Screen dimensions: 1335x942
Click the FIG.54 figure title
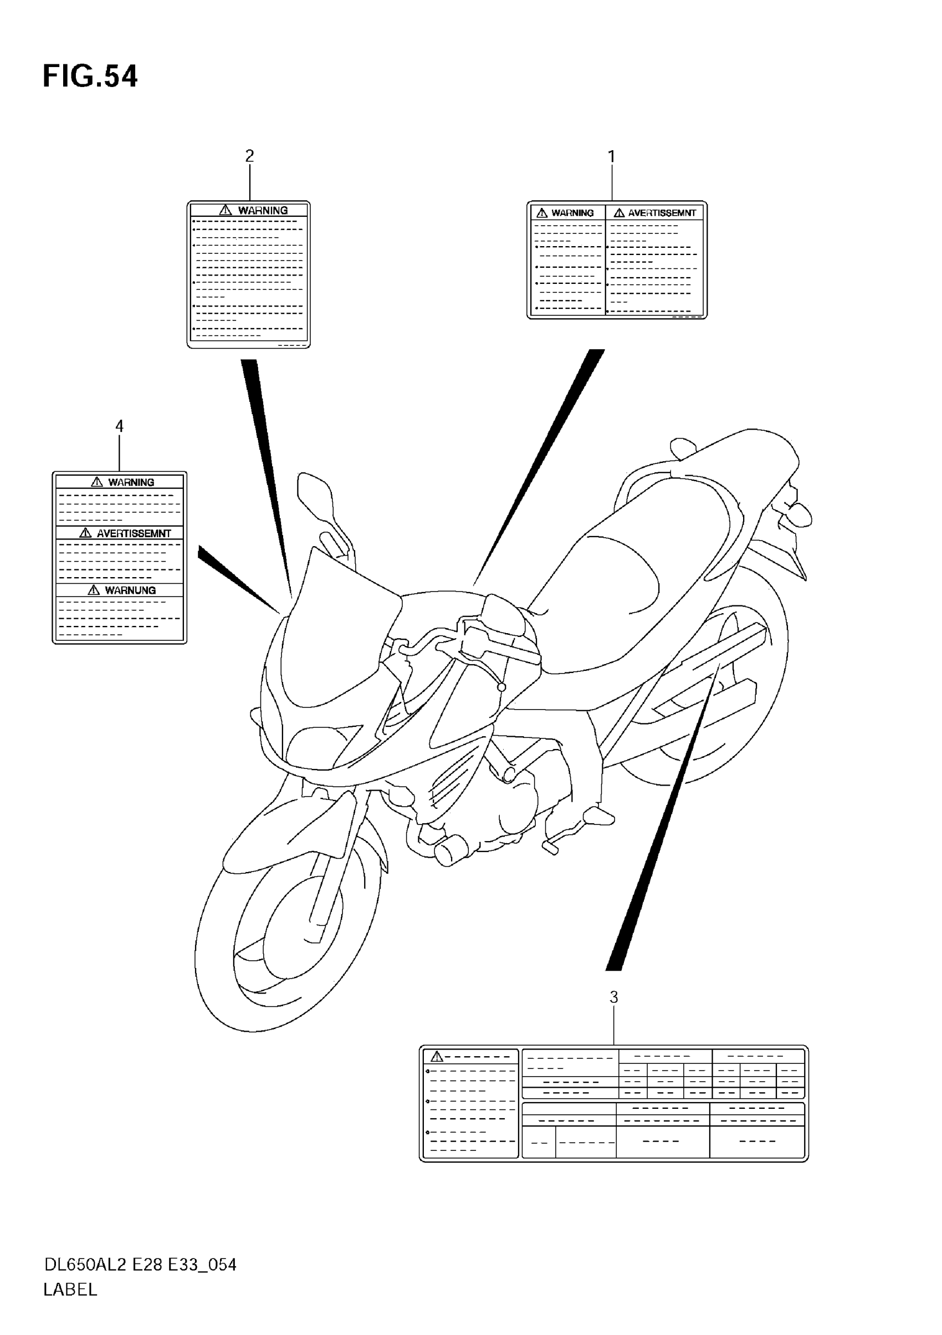(90, 77)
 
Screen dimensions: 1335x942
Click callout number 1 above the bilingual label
(611, 156)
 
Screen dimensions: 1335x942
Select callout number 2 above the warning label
(249, 156)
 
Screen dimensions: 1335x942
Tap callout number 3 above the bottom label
(613, 997)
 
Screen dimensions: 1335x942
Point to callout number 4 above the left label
(119, 426)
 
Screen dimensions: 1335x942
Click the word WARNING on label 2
(263, 211)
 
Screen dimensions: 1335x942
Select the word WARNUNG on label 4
(130, 590)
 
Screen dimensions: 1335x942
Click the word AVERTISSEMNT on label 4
(134, 533)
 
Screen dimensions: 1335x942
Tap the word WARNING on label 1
(572, 213)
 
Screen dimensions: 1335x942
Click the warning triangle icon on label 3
(437, 1057)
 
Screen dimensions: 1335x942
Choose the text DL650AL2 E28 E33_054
(140, 1265)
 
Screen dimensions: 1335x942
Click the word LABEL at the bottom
(70, 1290)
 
